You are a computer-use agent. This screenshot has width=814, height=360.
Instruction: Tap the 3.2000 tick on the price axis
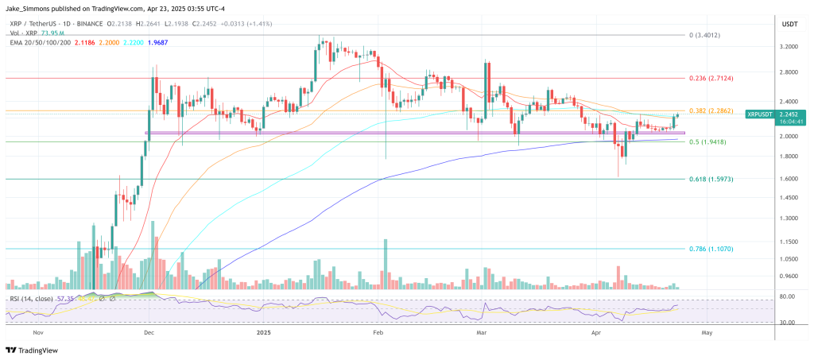point(789,47)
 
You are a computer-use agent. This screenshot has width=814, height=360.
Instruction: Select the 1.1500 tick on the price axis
point(789,242)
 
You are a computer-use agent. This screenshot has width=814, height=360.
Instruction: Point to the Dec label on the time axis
point(149,335)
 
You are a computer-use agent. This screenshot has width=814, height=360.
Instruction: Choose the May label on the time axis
point(706,335)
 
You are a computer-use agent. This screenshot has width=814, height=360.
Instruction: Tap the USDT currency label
point(789,25)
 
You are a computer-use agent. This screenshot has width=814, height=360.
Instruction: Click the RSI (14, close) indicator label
point(31,298)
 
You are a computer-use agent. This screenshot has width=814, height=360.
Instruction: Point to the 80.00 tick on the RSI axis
point(789,296)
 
